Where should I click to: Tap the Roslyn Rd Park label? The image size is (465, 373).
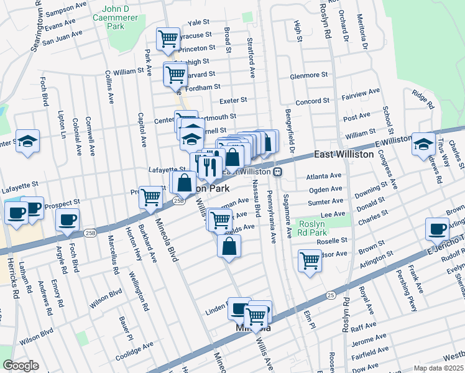pos(330,228)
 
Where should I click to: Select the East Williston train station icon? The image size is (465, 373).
pos(279,172)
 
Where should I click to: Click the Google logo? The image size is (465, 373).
pos(21,366)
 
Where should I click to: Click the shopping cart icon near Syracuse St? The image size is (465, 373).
pos(168,39)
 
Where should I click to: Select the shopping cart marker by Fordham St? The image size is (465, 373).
pos(175,74)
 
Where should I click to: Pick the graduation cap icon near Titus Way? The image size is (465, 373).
pos(423,144)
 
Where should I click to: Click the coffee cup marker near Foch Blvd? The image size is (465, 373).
pos(67,219)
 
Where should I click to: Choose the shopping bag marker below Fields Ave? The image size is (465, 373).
pos(229,246)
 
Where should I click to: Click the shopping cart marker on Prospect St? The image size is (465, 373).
pos(150,197)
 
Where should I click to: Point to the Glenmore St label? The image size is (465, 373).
pos(308,76)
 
